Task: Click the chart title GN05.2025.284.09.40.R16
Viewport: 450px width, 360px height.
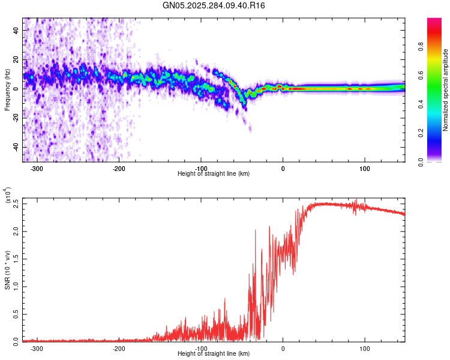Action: click(x=214, y=5)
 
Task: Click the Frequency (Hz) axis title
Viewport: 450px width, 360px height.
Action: click(x=7, y=90)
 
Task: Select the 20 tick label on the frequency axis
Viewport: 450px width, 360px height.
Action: click(x=17, y=59)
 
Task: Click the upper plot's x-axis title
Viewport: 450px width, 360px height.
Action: click(x=214, y=174)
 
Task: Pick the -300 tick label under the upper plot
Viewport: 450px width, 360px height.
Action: click(x=37, y=168)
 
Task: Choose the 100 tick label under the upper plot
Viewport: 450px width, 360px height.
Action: click(x=365, y=168)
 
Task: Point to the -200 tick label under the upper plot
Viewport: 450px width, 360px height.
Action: click(x=119, y=168)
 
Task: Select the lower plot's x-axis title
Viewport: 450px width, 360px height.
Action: click(x=214, y=354)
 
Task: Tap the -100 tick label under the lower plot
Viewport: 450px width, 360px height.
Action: click(x=201, y=348)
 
